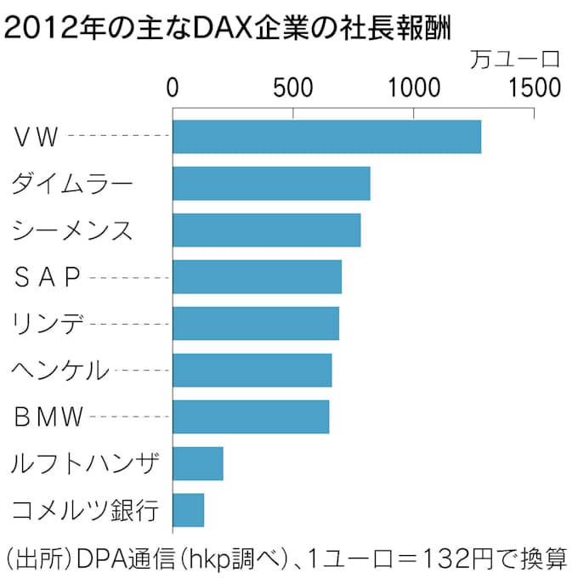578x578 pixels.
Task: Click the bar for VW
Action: coord(326,137)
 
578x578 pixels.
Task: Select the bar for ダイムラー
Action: coord(271,184)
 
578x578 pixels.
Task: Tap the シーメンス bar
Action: coord(266,230)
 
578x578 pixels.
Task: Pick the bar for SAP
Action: coord(257,277)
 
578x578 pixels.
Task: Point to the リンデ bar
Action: coord(255,324)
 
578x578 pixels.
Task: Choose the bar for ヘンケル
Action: coord(252,371)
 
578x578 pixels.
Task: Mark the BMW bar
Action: coord(251,417)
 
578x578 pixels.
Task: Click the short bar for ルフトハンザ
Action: coord(197,464)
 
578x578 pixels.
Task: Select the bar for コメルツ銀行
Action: coord(188,511)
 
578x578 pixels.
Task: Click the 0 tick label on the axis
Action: coord(173,88)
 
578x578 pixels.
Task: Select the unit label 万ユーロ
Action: coord(516,59)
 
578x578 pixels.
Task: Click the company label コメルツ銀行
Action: coord(85,511)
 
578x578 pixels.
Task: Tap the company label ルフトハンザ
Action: coord(85,464)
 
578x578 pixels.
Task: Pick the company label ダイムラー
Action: coord(73,184)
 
